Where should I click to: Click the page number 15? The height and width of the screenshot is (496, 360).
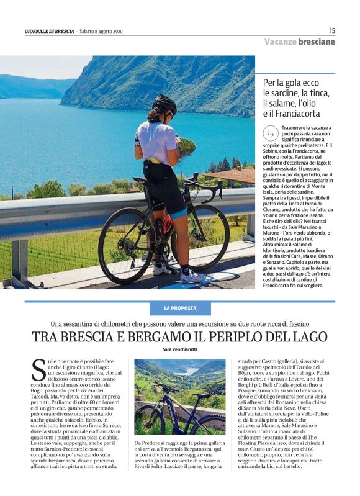331,30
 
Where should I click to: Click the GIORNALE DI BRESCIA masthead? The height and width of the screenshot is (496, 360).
50,31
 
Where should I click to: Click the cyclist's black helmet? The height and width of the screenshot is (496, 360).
165,104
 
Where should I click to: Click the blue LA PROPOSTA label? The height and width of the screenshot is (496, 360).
180,308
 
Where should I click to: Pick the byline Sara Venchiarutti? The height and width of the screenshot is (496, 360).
179,350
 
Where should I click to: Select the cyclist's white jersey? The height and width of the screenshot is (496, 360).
156,142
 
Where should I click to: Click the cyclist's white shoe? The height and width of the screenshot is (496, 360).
192,276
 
